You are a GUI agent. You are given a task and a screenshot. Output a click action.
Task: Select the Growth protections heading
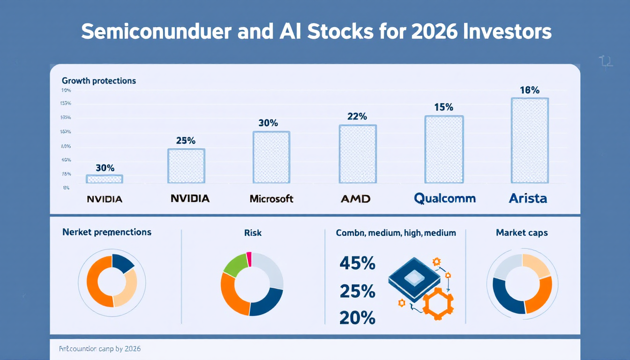pos(99,81)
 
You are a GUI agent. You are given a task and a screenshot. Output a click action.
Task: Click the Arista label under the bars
pos(528,198)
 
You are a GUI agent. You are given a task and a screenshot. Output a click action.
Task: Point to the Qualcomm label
pos(444,198)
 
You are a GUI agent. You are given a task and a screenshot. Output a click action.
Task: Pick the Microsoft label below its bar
pos(271,199)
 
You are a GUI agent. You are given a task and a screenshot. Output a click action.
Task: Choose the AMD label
pos(355,199)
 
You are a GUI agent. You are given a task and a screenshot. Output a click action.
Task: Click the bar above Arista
pos(530,140)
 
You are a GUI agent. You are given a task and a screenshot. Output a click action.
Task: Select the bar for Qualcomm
pos(444,149)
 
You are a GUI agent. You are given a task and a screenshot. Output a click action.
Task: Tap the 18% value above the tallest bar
pos(530,90)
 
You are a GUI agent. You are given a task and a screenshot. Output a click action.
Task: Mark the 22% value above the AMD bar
pos(357,117)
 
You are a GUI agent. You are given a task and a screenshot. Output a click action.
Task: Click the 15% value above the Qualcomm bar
pos(443,107)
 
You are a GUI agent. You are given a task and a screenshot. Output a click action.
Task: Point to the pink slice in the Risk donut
pos(249,259)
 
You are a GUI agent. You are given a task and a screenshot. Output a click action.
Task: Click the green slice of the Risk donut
pos(235,264)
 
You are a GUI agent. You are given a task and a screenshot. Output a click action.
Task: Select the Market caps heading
pos(522,232)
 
